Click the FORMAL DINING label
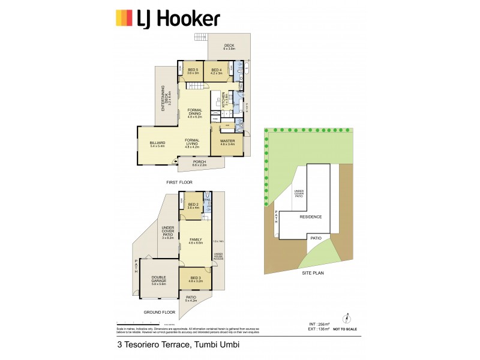(x=195, y=112)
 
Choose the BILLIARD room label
(x=157, y=144)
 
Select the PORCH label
(x=199, y=162)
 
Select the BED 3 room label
(x=196, y=279)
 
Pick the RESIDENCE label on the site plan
(x=311, y=217)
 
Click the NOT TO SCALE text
(x=346, y=329)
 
